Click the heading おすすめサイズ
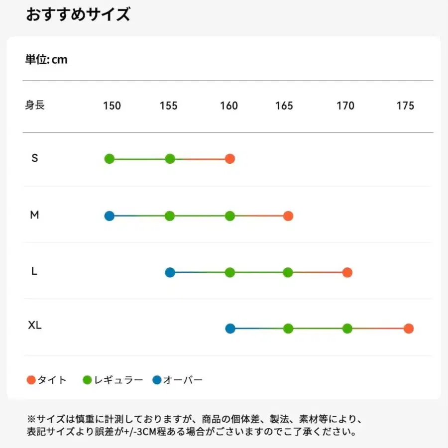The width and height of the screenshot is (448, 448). click(78, 14)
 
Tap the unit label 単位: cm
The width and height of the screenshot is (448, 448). click(46, 60)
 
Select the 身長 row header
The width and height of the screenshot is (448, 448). click(35, 106)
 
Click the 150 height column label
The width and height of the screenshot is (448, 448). click(112, 106)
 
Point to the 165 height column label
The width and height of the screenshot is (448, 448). click(284, 106)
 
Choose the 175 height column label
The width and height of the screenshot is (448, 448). click(405, 106)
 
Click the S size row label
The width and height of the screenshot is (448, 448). click(34, 158)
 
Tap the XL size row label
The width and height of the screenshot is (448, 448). click(35, 326)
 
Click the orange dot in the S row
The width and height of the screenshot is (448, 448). click(229, 159)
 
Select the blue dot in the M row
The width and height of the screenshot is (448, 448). click(110, 216)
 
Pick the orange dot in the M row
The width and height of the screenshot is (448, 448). click(288, 216)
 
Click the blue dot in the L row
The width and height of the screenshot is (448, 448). click(170, 272)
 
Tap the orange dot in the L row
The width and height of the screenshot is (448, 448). click(347, 272)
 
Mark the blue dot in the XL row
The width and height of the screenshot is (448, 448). click(230, 329)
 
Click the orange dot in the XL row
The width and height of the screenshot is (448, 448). click(409, 329)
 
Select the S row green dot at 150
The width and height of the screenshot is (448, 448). click(110, 159)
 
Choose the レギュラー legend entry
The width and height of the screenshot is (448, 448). click(113, 380)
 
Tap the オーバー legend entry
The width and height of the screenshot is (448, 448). click(178, 380)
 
